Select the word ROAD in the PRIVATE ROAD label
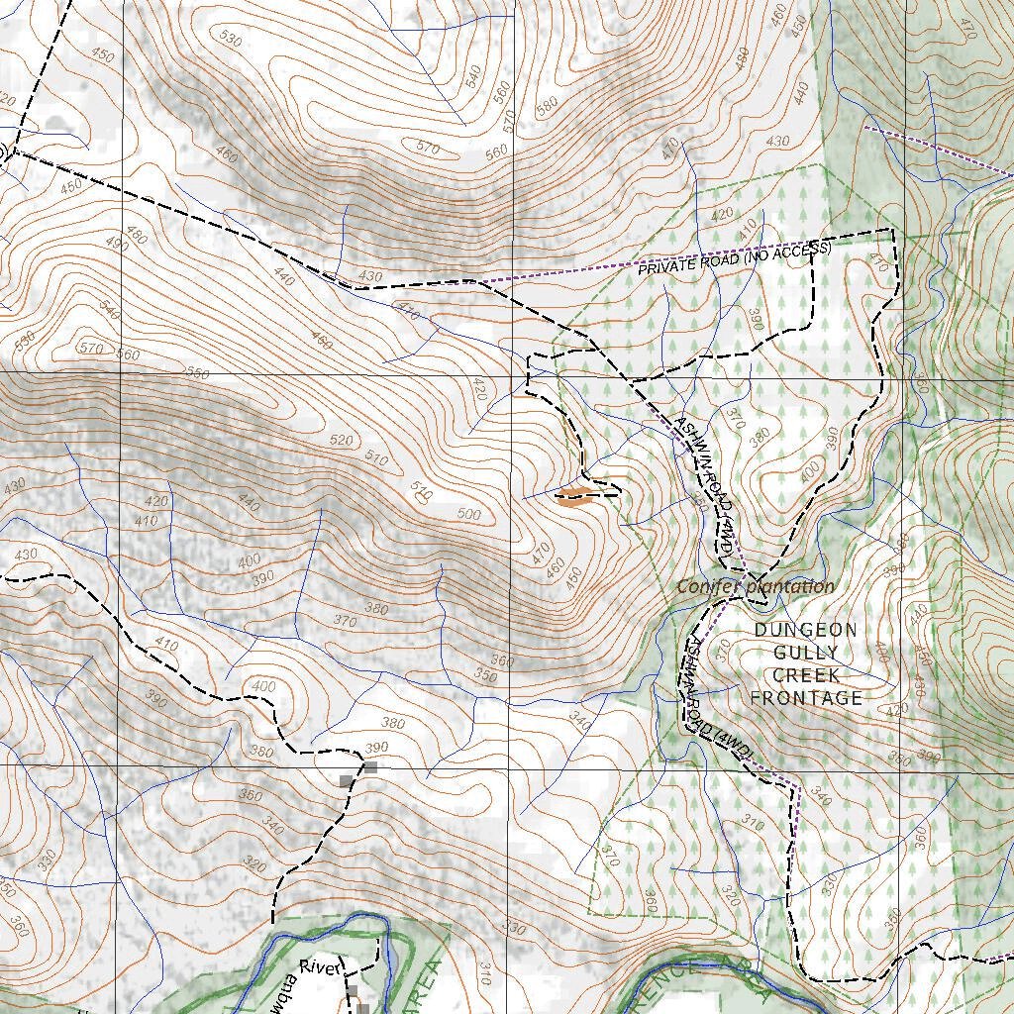coord(717,260)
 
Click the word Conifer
coord(709,586)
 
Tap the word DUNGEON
coord(805,630)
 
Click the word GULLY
coord(805,653)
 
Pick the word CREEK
coord(805,675)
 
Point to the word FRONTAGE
coord(805,698)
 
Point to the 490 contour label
coord(117,243)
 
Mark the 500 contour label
coord(469,515)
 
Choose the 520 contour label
coord(342,440)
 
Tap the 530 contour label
coord(231,40)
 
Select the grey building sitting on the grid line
coord(370,766)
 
